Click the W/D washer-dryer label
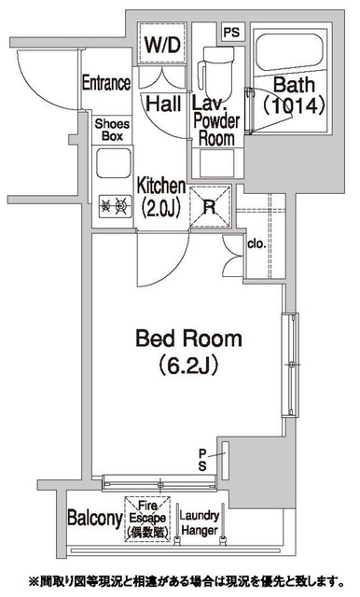click(x=162, y=45)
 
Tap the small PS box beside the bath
click(x=232, y=32)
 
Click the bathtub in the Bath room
click(x=289, y=52)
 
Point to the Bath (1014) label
click(x=294, y=95)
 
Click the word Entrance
click(x=106, y=83)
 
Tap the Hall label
click(x=163, y=104)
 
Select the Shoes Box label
click(x=112, y=130)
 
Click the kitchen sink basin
click(x=114, y=163)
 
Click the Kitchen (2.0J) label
click(x=161, y=197)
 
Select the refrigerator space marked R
click(x=210, y=207)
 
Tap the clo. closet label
click(x=256, y=243)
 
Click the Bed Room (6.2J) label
click(x=188, y=353)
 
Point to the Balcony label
click(x=95, y=518)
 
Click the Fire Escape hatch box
click(x=147, y=519)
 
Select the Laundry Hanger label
click(x=200, y=523)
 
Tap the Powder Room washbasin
click(x=217, y=163)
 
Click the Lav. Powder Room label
click(x=216, y=121)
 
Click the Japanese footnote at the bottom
click(x=187, y=581)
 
